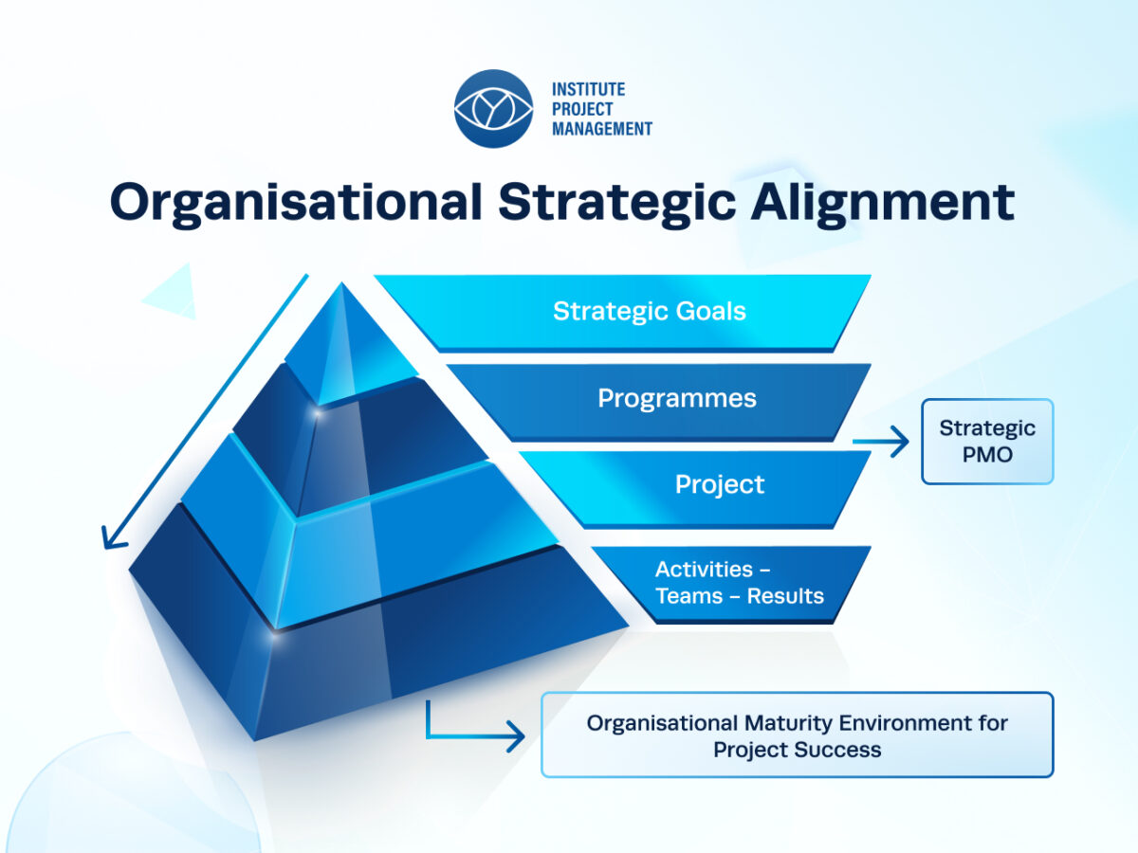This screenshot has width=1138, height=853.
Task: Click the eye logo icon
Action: [x=493, y=109]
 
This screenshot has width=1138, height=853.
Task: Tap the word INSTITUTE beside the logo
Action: [x=589, y=90]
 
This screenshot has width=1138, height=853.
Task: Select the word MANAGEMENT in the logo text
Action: [x=602, y=129]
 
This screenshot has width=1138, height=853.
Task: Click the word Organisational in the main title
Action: [x=296, y=203]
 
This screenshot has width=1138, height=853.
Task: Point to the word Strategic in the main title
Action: [x=616, y=203]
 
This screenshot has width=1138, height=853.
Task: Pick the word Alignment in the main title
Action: [x=882, y=203]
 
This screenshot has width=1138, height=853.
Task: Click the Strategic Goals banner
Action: [x=622, y=314]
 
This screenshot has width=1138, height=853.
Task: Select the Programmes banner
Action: [x=658, y=403]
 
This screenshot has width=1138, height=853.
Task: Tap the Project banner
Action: [x=695, y=489]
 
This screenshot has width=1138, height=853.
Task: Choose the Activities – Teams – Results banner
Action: [x=731, y=585]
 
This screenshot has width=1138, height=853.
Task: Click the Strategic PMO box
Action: [x=987, y=442]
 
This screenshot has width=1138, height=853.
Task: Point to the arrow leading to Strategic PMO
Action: [x=880, y=442]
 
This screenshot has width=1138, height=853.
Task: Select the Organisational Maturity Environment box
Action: [x=797, y=735]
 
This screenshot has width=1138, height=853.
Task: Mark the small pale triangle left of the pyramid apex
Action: [x=174, y=294]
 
